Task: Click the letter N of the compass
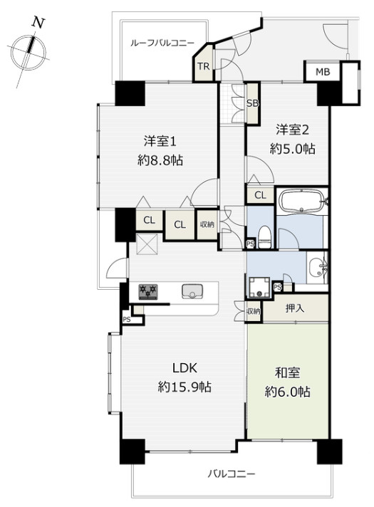(38, 23)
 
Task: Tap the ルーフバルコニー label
(162, 43)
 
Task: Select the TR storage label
(204, 67)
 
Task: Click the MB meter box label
(323, 72)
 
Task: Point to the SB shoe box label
(253, 103)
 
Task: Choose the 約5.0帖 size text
(293, 149)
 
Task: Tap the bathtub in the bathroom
(301, 201)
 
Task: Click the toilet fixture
(264, 238)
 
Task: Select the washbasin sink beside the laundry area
(316, 268)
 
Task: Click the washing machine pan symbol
(259, 287)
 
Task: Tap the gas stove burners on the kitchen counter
(148, 291)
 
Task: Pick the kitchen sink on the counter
(192, 291)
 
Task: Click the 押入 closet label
(295, 308)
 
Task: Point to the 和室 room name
(287, 373)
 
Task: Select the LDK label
(185, 368)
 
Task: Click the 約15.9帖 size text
(185, 387)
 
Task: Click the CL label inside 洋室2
(260, 195)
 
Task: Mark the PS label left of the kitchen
(127, 320)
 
